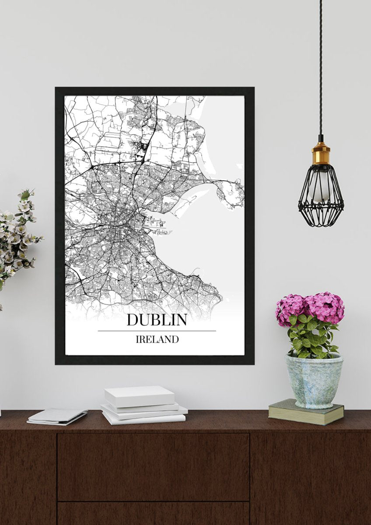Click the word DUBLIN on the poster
(x=157, y=319)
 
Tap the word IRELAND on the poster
(x=157, y=339)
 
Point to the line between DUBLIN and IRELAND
(x=157, y=331)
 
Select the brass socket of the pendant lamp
(x=321, y=154)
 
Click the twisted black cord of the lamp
(x=320, y=66)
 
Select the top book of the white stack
(x=139, y=395)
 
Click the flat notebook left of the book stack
(x=57, y=416)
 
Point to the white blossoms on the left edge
(x=17, y=232)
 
